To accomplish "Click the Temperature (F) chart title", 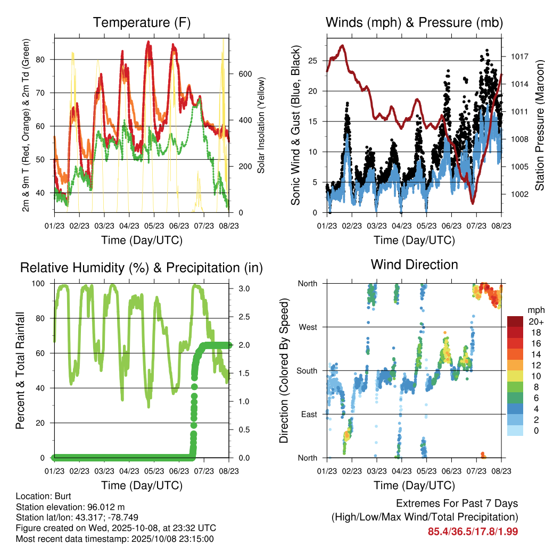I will [x=142, y=23].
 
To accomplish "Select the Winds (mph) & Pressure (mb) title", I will [x=414, y=23].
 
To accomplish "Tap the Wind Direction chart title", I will [x=414, y=265].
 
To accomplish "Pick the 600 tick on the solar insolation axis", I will [x=244, y=73].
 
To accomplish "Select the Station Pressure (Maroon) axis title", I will [x=539, y=118].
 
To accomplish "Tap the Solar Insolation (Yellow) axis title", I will [x=261, y=126].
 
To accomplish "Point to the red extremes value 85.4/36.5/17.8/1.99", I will [x=473, y=531].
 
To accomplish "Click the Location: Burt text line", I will [x=40, y=496].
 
